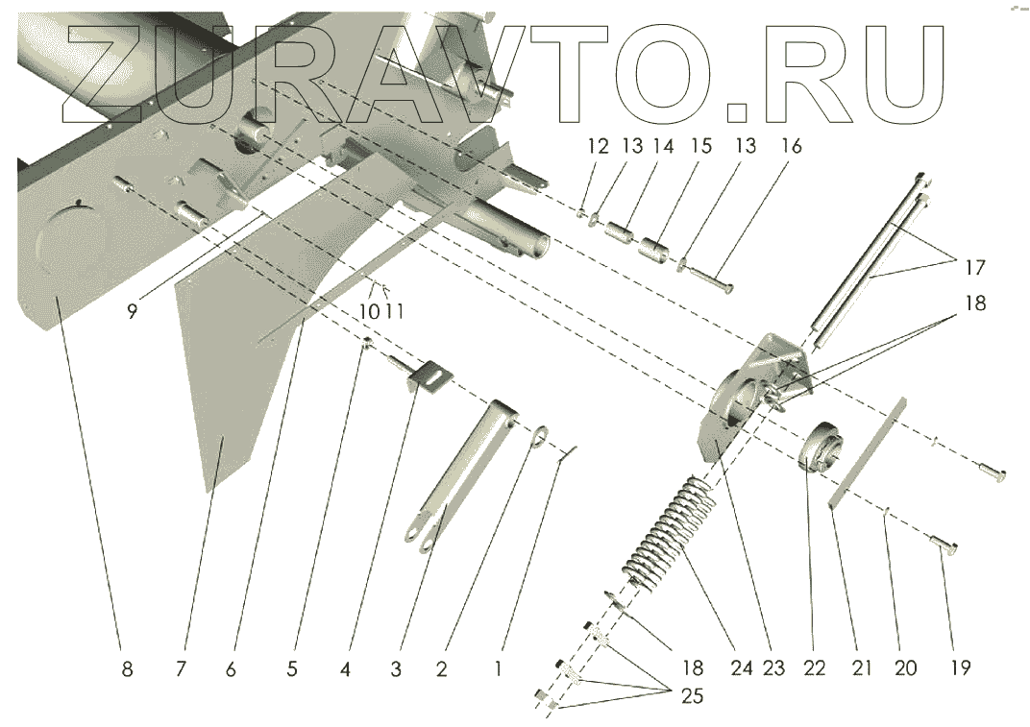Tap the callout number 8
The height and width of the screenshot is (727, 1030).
(127, 669)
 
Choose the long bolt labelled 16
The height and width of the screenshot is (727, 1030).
(710, 279)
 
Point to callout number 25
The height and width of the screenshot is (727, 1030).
(692, 696)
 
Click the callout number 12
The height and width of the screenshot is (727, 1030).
(598, 147)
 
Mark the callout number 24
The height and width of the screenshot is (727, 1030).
(741, 669)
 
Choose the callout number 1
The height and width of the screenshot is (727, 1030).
(498, 669)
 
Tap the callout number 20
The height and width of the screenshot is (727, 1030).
(906, 669)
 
